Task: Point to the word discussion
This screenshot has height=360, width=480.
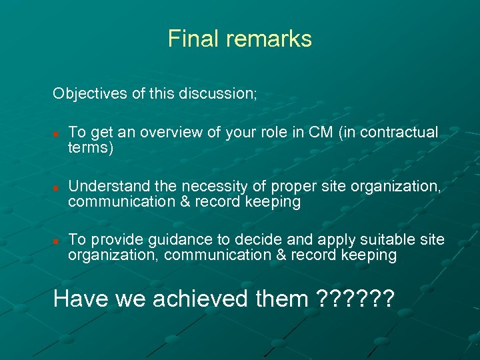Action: click(217, 93)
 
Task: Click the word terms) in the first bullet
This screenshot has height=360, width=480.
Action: click(91, 147)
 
